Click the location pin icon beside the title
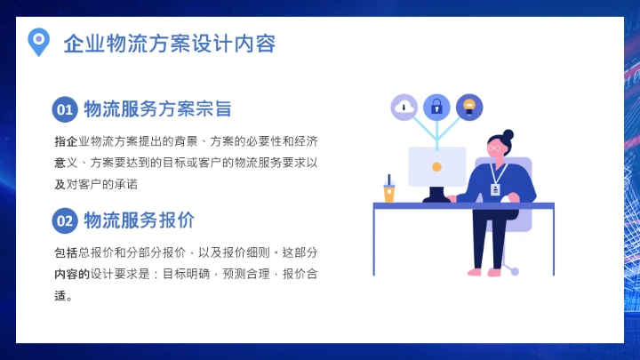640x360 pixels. [37, 41]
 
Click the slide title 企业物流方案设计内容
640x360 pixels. [169, 44]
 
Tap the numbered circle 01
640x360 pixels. [65, 109]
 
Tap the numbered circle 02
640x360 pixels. [65, 220]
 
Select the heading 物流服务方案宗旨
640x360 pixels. [157, 109]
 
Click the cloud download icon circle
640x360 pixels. [404, 108]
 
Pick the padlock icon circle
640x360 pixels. [436, 108]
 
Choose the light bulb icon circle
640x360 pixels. [469, 108]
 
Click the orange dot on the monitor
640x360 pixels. [436, 166]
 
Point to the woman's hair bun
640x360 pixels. [508, 135]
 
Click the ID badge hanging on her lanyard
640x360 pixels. [496, 189]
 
